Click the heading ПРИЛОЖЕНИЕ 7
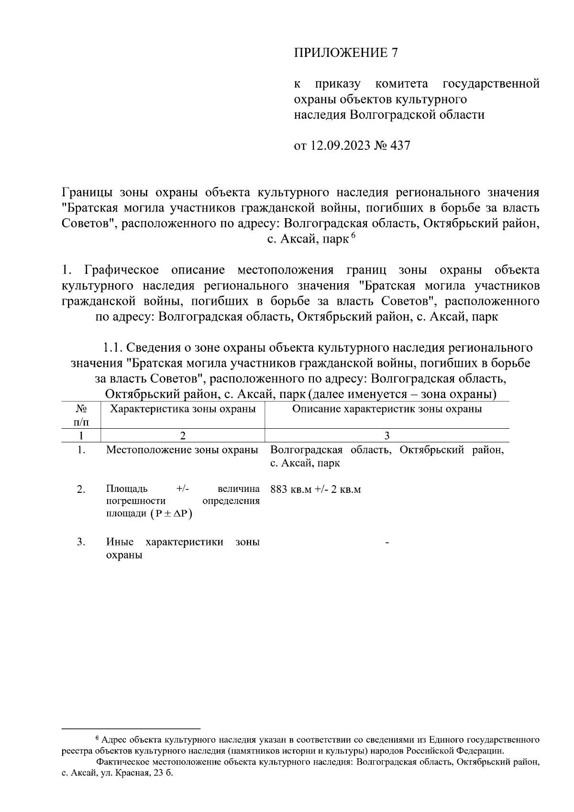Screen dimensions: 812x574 point(345,53)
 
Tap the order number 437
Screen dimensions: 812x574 point(400,145)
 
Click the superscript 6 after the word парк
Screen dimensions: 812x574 point(353,235)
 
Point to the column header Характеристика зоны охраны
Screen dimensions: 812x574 point(183,409)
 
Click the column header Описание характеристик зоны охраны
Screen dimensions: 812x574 point(386,409)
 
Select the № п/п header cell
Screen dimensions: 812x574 point(81,415)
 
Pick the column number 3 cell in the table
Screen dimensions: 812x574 point(386,435)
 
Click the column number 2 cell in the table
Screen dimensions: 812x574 point(182,435)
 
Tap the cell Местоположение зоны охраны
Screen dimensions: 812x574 point(182,450)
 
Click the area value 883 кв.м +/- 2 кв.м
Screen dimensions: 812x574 point(315,489)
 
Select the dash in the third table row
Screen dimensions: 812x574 point(386,543)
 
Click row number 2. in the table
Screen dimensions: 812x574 point(81,489)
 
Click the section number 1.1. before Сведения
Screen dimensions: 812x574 point(114,347)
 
